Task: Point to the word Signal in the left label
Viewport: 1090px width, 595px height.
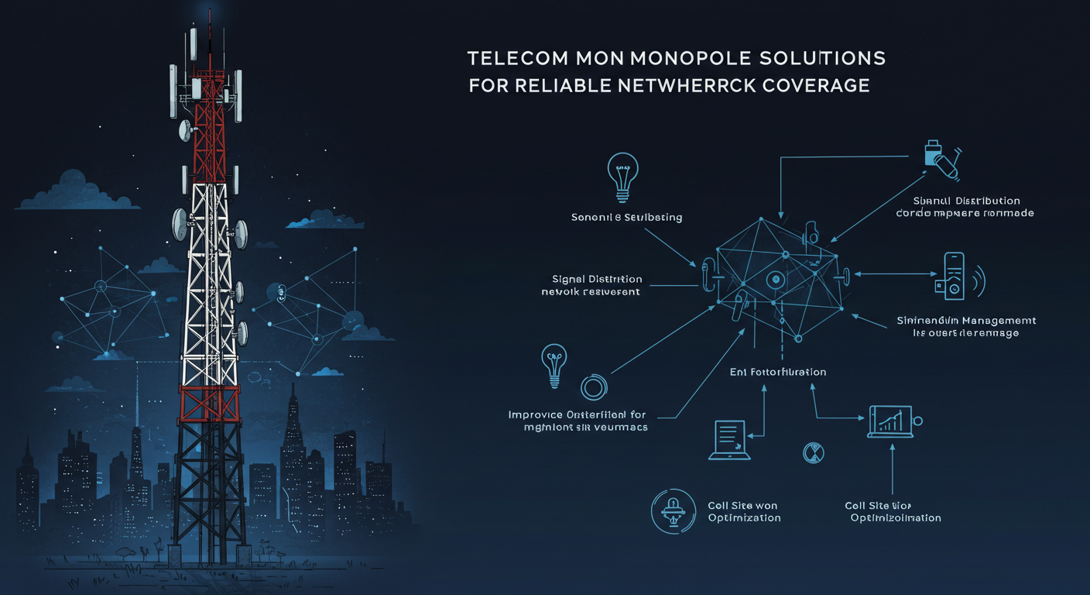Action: click(569, 279)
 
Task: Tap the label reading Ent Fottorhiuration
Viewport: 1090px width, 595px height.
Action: click(777, 372)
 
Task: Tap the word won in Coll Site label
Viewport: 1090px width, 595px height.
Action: click(766, 505)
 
